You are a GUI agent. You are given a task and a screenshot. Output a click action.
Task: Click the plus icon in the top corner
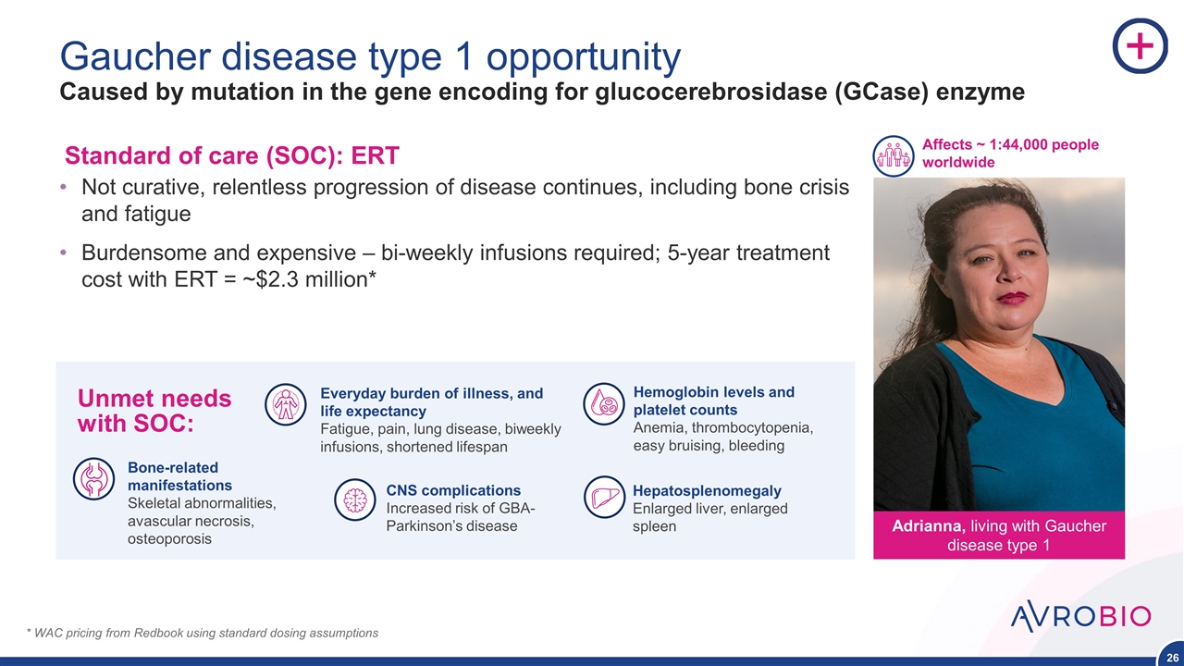point(1141,46)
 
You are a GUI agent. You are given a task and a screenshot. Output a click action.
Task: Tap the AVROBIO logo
point(1080,616)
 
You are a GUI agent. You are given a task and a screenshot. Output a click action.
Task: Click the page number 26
point(1172,658)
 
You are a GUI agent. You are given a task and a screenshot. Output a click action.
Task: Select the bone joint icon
point(93,479)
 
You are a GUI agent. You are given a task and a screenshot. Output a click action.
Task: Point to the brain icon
point(354,500)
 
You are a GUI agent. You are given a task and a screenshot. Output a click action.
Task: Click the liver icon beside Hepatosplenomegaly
point(604,498)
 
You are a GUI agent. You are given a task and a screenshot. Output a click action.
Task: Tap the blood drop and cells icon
point(604,404)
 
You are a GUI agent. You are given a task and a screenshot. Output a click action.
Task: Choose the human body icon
point(286,404)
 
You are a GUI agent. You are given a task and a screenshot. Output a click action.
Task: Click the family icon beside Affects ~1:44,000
point(894,156)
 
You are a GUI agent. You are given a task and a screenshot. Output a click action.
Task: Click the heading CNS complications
point(453,490)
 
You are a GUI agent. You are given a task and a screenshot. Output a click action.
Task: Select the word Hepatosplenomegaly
point(707,491)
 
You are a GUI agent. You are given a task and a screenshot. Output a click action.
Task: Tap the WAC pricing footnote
point(202,633)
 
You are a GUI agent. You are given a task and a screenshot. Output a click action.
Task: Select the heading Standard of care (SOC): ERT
point(231,156)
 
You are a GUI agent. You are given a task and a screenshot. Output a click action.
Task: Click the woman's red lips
point(1011,298)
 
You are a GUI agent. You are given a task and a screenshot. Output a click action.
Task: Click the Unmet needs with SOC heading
point(154,411)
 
